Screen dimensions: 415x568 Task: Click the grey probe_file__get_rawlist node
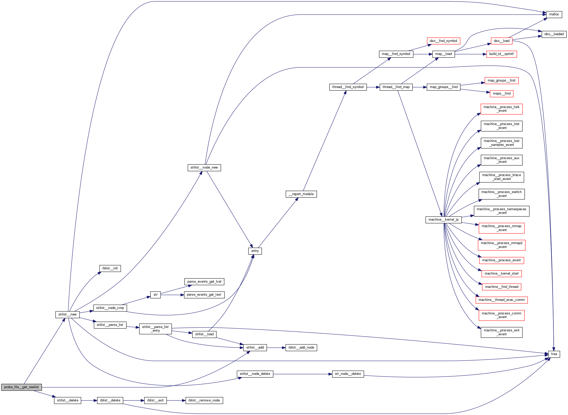pos(21,387)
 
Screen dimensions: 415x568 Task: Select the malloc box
pos(554,14)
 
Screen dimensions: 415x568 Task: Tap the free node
pos(554,354)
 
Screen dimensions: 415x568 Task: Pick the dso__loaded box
pos(554,34)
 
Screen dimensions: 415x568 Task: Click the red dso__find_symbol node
pos(443,41)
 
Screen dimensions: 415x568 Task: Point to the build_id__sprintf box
pos(501,54)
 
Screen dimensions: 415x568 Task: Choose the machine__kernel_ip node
pos(443,220)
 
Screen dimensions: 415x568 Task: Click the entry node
pos(255,251)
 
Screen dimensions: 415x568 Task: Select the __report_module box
pos(301,194)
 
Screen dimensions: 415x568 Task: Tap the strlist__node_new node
pos(204,168)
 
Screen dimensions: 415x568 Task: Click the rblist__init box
pos(110,268)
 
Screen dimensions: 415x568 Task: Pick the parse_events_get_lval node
pos(204,282)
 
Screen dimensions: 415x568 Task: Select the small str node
pos(155,295)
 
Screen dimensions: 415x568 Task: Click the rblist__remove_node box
pos(204,400)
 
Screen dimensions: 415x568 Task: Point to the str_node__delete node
pos(348,374)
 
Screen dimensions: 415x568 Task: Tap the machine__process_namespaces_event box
pos(501,211)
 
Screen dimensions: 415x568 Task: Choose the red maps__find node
pos(502,94)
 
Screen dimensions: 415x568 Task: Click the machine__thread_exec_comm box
pos(501,300)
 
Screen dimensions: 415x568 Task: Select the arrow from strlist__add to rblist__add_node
pos(276,348)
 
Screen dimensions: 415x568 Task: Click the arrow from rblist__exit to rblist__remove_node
pos(176,400)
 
